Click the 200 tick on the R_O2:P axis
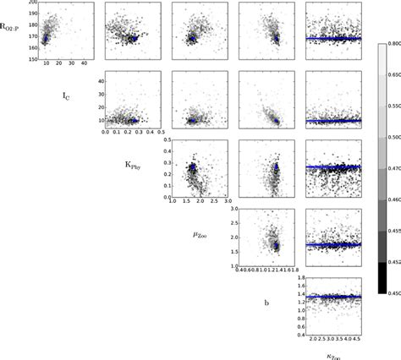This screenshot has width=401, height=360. click(x=30, y=3)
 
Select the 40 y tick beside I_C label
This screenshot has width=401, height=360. click(x=97, y=81)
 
